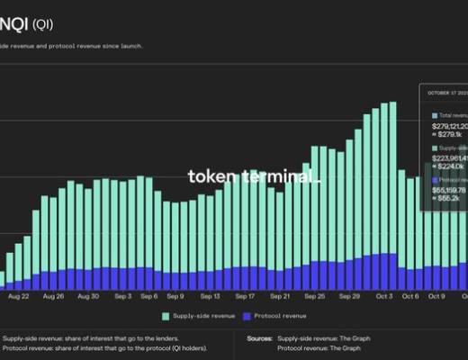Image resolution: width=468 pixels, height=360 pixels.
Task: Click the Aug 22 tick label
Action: point(18,295)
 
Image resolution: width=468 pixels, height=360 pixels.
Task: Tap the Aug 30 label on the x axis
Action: point(88,295)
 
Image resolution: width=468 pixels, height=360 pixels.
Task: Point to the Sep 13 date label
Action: point(211,295)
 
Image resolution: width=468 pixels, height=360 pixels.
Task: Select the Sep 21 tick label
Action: point(280,295)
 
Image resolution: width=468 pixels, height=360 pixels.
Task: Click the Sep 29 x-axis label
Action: point(349,295)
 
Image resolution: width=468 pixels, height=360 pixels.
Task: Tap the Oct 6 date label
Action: point(410,295)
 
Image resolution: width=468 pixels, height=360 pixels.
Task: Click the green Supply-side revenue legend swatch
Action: point(166,316)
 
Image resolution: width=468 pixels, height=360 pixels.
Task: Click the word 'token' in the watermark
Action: point(209,176)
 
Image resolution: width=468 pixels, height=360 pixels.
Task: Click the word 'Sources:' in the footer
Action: point(261,338)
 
